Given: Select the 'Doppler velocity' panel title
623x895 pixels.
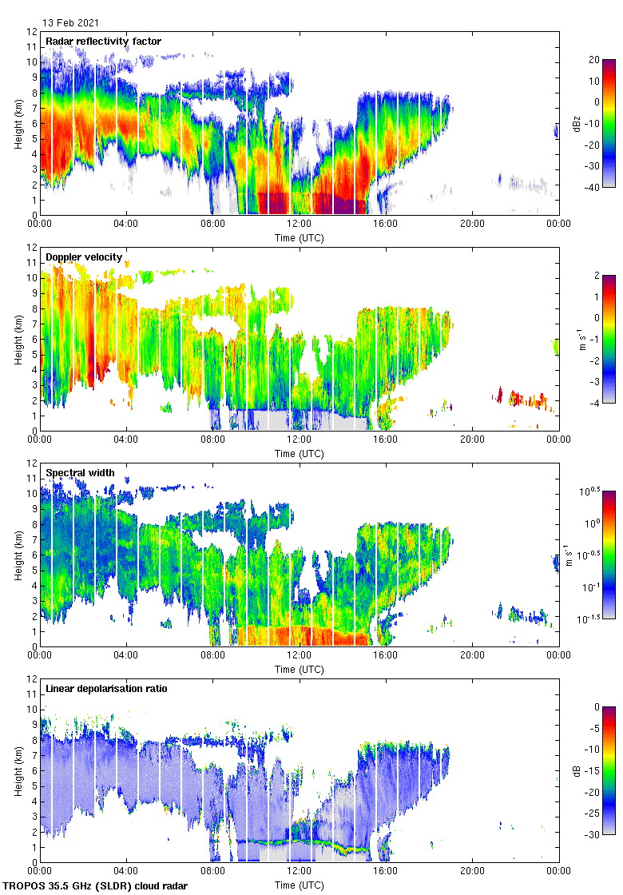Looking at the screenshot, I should click(84, 257).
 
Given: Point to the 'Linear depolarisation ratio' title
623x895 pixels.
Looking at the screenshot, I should click(106, 689).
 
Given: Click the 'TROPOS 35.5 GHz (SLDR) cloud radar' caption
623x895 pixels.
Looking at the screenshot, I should click(97, 886).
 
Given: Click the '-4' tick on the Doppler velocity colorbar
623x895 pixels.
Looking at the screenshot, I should click(595, 404).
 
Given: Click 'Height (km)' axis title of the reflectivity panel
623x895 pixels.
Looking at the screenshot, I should click(18, 123).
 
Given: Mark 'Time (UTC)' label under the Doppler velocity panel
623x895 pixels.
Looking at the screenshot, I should click(300, 454).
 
